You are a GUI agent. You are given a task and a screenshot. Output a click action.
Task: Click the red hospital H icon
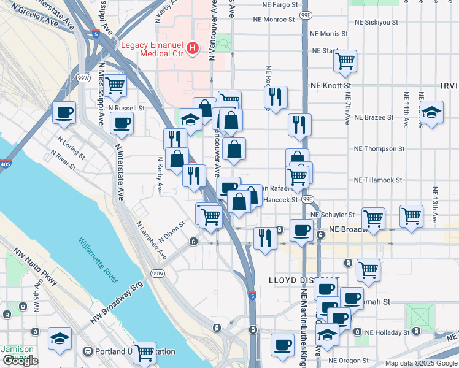point(193,47)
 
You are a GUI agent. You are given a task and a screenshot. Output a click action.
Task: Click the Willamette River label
point(98,260)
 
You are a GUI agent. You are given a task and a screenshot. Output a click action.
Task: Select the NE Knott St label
point(331,86)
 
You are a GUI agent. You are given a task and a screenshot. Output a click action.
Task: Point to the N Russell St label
point(126,107)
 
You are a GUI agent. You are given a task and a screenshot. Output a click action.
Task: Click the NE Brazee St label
point(374,117)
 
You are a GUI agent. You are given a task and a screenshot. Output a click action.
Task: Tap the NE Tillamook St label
point(377,180)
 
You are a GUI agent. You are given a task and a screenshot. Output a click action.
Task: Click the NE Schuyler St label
point(333,215)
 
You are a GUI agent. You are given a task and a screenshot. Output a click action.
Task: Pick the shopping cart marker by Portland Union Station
point(144,353)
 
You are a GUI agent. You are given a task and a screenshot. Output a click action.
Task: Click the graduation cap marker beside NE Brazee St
point(432,112)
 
